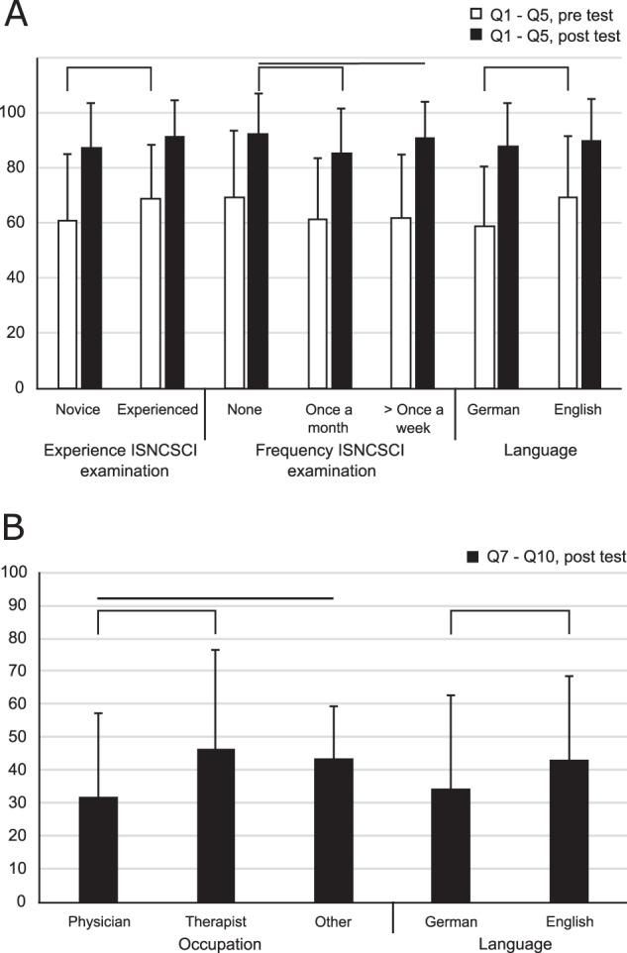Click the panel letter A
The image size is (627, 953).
[x=16, y=17]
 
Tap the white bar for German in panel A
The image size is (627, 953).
[x=484, y=307]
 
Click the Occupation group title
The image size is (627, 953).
[x=216, y=943]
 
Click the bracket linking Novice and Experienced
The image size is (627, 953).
[x=109, y=68]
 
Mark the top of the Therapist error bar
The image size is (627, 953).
[x=216, y=650]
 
